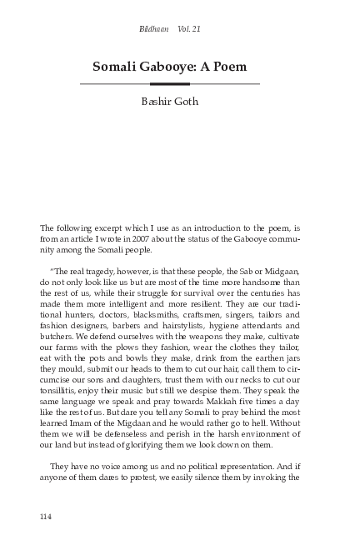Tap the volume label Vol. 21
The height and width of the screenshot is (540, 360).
point(189,29)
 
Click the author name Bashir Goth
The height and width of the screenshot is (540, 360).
point(180,107)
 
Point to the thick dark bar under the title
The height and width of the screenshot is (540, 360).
point(170,84)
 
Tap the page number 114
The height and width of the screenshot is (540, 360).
point(47,517)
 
